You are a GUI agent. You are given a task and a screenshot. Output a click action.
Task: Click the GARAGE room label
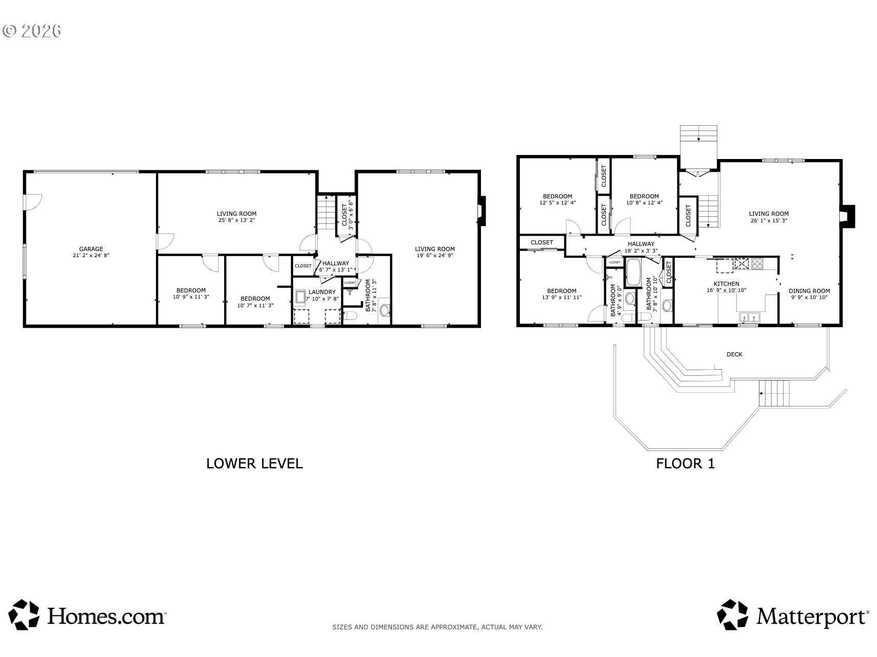(91, 249)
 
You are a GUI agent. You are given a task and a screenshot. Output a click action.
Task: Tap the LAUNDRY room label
(322, 292)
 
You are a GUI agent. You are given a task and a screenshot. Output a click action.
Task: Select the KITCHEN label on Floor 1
(727, 284)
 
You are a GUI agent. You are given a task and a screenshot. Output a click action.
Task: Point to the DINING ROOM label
(809, 291)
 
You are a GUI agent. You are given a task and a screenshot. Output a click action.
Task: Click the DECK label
(734, 354)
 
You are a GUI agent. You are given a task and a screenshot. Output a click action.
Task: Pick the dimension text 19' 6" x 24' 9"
(435, 256)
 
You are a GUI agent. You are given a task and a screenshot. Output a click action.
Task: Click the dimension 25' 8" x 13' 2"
(236, 220)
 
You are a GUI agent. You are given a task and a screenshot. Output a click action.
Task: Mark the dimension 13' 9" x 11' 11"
(562, 297)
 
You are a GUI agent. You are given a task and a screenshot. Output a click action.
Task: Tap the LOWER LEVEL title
(254, 464)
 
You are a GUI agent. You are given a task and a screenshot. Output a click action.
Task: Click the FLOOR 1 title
(686, 464)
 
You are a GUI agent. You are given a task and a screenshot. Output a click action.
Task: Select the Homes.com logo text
(106, 616)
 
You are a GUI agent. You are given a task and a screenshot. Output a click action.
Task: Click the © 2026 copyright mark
(32, 31)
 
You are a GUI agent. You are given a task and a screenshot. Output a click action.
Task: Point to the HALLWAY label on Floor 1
(641, 244)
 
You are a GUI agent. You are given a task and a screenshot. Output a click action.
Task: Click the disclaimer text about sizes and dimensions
(437, 627)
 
